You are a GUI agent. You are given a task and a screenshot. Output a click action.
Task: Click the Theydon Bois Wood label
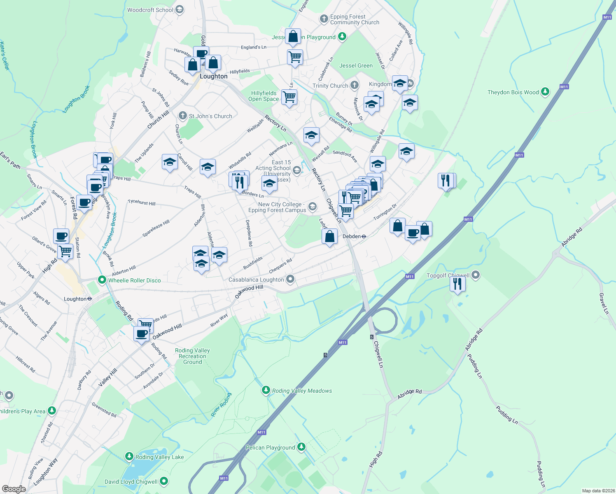(x=513, y=92)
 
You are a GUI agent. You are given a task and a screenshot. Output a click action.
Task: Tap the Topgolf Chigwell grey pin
(x=476, y=275)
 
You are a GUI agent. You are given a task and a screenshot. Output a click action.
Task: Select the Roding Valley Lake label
(x=160, y=457)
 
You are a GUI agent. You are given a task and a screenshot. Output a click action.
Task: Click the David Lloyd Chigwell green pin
(x=164, y=481)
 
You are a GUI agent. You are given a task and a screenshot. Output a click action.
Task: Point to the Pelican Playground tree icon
(x=301, y=447)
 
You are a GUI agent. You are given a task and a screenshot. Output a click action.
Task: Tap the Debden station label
(x=352, y=236)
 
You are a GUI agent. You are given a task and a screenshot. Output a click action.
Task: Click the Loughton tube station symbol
(x=89, y=299)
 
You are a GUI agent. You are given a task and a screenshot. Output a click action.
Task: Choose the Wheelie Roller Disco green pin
(x=102, y=280)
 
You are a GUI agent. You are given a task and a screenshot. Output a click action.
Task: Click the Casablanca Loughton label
(x=256, y=280)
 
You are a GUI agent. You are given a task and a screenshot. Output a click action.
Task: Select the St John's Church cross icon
(x=183, y=116)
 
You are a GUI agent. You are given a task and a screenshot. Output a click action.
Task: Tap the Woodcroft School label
(x=150, y=10)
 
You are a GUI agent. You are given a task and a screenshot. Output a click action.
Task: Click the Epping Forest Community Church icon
(x=324, y=19)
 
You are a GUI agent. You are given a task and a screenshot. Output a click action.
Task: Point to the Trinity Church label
(x=330, y=86)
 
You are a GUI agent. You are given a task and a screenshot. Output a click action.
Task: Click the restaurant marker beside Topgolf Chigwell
(x=457, y=283)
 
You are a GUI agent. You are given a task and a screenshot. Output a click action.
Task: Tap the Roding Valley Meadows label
(x=302, y=391)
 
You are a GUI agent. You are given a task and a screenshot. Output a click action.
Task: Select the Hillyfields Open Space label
(x=264, y=96)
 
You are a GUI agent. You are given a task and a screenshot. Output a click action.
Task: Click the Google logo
(x=14, y=489)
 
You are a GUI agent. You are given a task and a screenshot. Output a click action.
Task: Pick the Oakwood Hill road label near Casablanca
(x=249, y=292)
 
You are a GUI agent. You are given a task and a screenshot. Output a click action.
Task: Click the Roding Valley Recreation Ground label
(x=192, y=356)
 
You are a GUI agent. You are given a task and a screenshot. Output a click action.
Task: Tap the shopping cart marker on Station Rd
(x=65, y=251)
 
